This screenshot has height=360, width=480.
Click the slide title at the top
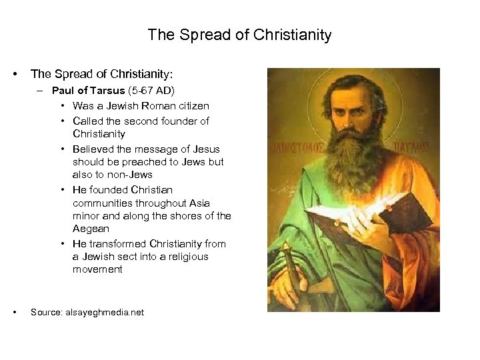coord(239,35)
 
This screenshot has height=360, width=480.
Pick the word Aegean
coord(89,228)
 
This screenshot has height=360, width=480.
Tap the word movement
coord(97,269)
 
